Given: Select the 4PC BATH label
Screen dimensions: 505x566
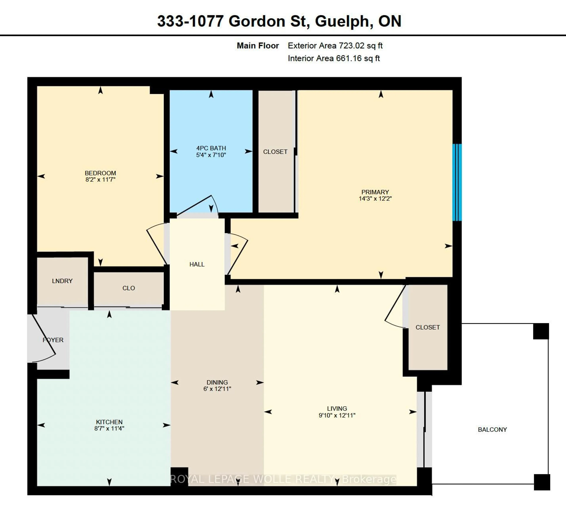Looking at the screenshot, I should tap(211, 148).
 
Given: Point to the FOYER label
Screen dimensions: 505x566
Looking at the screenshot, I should tap(53, 340).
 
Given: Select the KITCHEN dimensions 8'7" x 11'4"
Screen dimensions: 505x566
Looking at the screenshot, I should tap(109, 428).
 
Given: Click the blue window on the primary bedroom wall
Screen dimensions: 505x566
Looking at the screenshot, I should tap(457, 182).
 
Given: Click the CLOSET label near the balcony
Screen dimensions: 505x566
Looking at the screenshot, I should tap(428, 327).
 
